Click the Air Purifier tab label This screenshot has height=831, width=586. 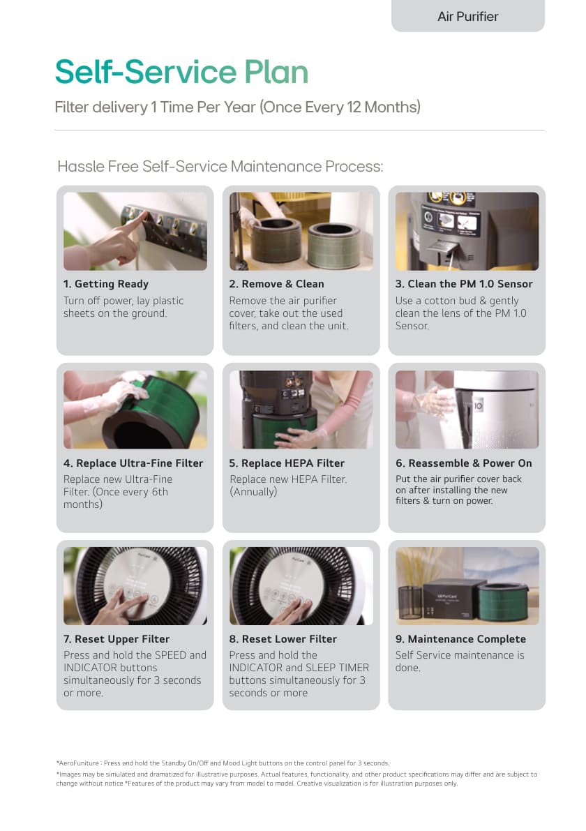click(468, 17)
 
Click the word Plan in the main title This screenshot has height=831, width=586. click(276, 72)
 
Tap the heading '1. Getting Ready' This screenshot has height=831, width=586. click(106, 284)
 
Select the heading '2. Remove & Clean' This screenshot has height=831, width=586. click(276, 284)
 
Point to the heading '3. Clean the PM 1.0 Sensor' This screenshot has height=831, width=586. click(464, 284)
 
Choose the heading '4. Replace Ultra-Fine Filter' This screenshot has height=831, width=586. click(133, 463)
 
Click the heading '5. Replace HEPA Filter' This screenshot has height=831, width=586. click(287, 463)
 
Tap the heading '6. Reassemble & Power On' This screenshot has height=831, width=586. click(464, 463)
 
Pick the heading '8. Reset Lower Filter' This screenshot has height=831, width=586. click(283, 639)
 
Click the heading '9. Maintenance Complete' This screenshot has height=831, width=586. click(460, 639)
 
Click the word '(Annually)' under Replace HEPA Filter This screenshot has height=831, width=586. click(253, 492)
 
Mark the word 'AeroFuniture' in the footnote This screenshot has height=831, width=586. click(79, 763)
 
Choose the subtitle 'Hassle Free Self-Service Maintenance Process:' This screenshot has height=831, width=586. click(220, 167)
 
